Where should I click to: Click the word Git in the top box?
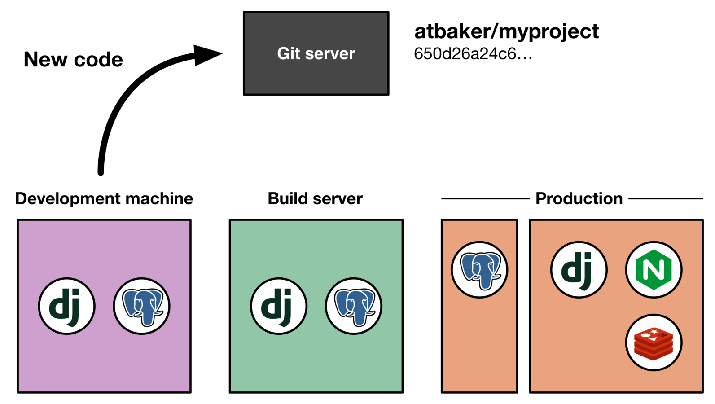pos(288,53)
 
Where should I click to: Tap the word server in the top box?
pos(330,54)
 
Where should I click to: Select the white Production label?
pos(579,198)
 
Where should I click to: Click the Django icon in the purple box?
pos(66,306)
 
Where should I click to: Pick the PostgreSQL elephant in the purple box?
pos(141,306)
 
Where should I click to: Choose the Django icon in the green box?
pos(278,306)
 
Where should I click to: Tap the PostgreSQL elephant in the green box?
pos(354,306)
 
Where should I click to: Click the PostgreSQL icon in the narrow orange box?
pos(479,270)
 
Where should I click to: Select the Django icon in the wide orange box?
pos(579,270)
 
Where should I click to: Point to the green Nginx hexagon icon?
pos(654,270)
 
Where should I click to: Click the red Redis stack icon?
pos(654,343)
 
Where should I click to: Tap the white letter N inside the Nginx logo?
pos(654,270)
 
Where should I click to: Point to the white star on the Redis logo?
pos(654,332)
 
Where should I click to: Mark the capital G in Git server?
pos(283,53)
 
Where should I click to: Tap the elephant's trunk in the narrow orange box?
pos(484,281)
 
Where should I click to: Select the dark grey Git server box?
pos(316,76)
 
